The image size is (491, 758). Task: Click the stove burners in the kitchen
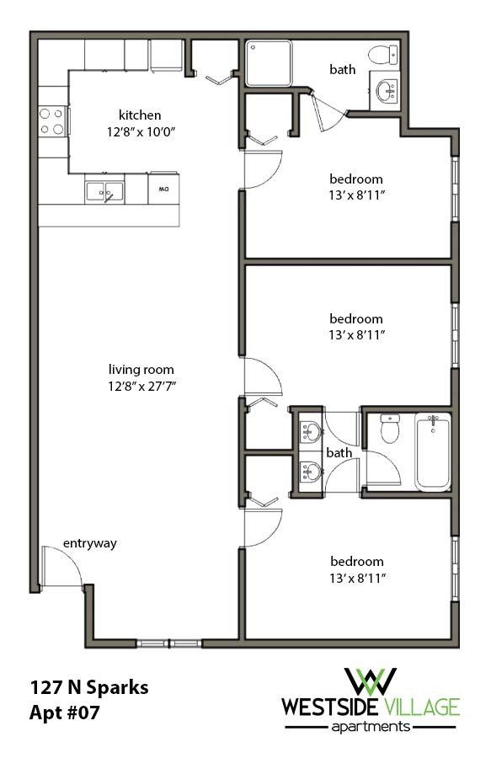tap(52, 121)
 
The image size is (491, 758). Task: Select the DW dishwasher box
tap(163, 189)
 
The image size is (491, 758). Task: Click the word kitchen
tap(140, 115)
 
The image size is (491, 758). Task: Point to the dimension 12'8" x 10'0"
tap(140, 131)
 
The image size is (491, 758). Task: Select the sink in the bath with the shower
tap(387, 92)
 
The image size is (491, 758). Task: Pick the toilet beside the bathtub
tap(389, 430)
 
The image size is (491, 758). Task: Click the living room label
tap(141, 370)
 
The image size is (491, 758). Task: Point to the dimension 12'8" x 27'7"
tap(141, 387)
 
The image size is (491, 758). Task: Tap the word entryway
tap(90, 543)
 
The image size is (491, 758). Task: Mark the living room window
tap(169, 643)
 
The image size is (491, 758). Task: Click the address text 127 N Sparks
tap(89, 687)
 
